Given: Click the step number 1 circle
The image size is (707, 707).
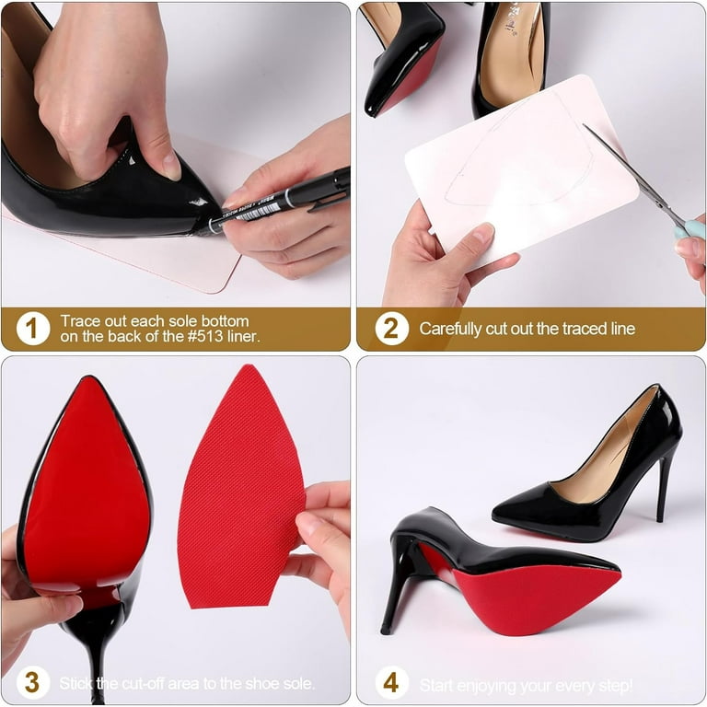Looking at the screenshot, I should pyautogui.click(x=33, y=329).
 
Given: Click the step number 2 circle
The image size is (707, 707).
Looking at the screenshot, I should pyautogui.click(x=390, y=329).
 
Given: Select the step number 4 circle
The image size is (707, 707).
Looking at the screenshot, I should pyautogui.click(x=390, y=682).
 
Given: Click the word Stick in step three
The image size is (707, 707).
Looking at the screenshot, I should pyautogui.click(x=77, y=683).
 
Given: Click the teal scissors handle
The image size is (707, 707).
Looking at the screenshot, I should pyautogui.click(x=692, y=228).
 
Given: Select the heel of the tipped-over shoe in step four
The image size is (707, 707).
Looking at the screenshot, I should pyautogui.click(x=400, y=589).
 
